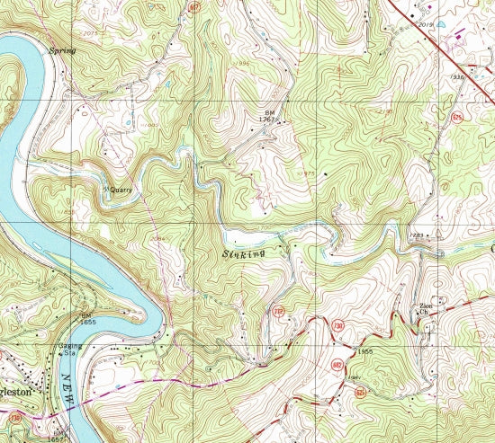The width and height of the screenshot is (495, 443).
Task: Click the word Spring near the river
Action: [64, 51]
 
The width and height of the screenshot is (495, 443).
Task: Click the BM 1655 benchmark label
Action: [87, 319]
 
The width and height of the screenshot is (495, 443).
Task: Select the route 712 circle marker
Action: [280, 313]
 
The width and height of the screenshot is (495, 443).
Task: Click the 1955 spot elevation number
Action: [364, 350]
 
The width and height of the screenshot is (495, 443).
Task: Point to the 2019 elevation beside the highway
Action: [427, 25]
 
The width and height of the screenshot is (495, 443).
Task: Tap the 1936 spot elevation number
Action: [458, 77]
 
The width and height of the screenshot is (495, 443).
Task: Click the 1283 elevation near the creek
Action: [415, 235]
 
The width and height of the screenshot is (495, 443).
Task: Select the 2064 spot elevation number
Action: [159, 239]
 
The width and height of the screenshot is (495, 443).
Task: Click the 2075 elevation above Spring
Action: [64, 32]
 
